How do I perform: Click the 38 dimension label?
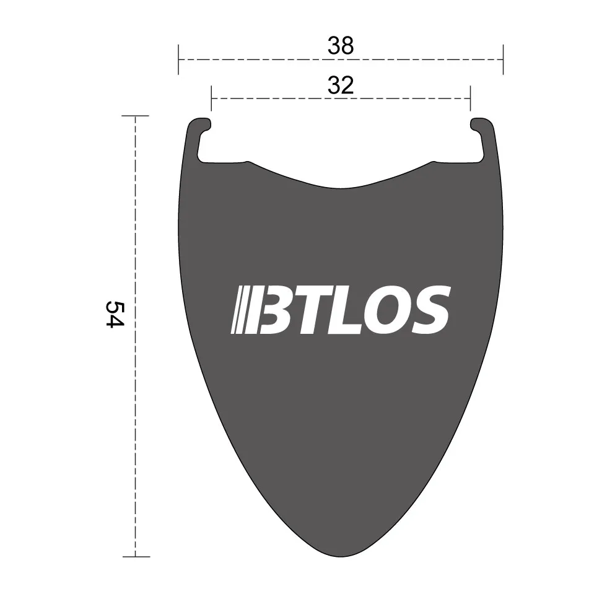tap(341, 46)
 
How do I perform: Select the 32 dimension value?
tap(341, 85)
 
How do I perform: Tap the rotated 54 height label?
tap(115, 315)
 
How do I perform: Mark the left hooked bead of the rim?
tap(199, 127)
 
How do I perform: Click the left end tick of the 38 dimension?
tap(178, 59)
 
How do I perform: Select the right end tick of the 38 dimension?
tap(503, 59)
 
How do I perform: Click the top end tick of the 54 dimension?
tap(135, 116)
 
